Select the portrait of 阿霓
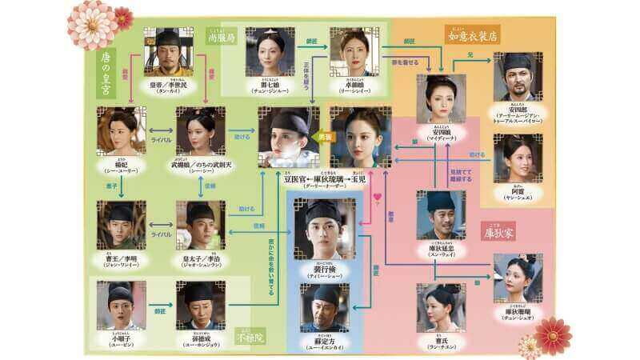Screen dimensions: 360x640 (518, 158)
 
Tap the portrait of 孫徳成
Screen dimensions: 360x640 (200, 305)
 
